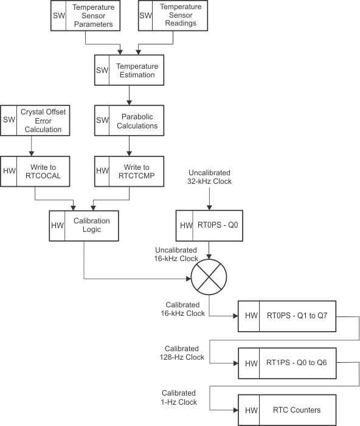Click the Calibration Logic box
point(83,225)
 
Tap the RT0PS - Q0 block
point(210,226)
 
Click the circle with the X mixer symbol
point(210,279)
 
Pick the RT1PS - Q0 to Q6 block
point(286,363)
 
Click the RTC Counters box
point(286,410)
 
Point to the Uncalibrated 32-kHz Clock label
point(210,177)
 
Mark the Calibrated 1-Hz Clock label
point(179,398)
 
